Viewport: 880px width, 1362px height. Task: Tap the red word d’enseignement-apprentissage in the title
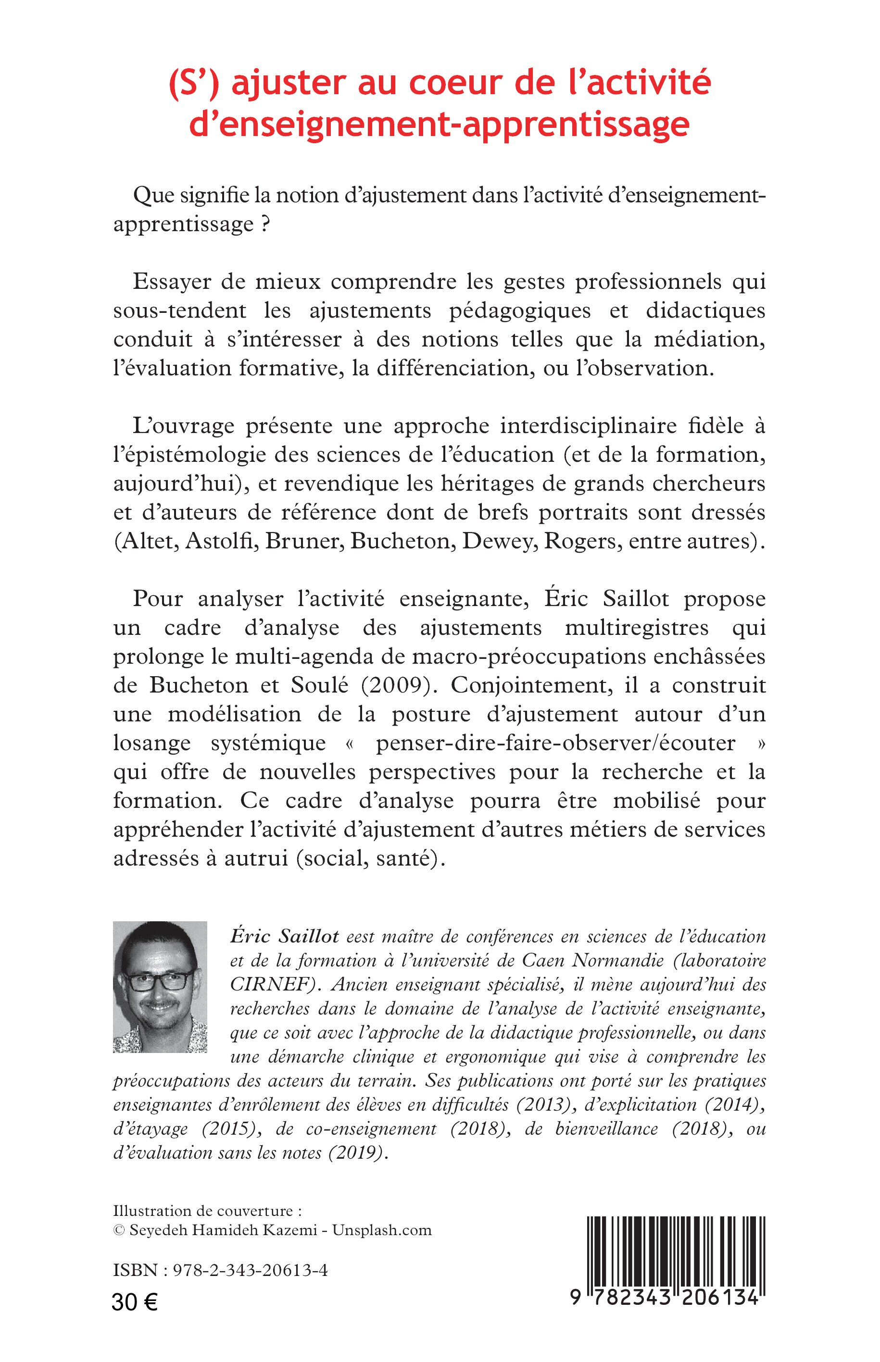439,124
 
